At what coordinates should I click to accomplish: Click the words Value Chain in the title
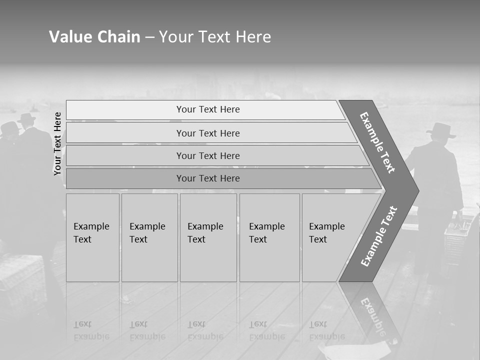click(94, 36)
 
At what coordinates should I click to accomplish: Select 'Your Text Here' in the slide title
click(215, 36)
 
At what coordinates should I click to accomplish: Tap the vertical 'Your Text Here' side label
click(57, 143)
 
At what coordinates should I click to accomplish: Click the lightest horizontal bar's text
click(208, 109)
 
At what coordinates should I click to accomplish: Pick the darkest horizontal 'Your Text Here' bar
click(208, 178)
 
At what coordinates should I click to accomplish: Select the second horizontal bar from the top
click(208, 133)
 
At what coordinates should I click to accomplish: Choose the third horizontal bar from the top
click(208, 155)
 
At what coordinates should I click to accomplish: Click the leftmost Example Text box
click(92, 237)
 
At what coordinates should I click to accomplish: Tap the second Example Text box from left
click(149, 237)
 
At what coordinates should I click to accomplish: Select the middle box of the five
click(207, 237)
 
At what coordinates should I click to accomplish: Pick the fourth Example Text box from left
click(269, 237)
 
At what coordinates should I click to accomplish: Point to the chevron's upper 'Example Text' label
click(377, 142)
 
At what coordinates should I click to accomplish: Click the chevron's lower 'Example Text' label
click(379, 236)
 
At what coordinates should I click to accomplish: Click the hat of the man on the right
click(440, 131)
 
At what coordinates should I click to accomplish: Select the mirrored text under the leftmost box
click(91, 330)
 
